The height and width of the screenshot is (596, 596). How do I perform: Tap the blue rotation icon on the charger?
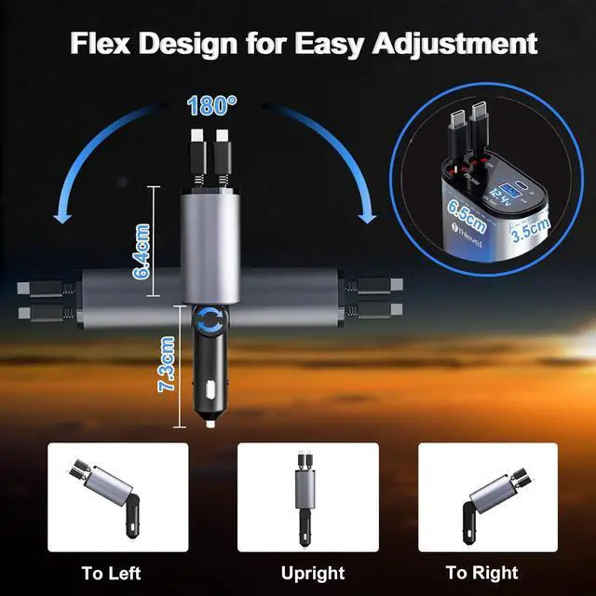pos(210,322)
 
